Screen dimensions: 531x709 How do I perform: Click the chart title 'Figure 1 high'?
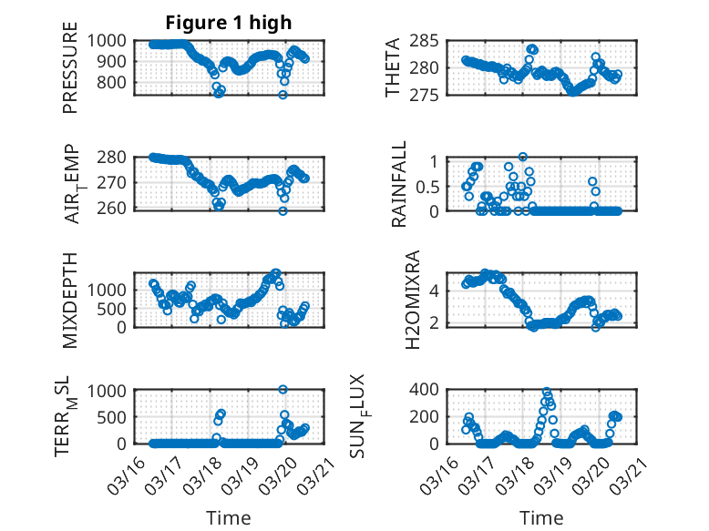pyautogui.click(x=228, y=23)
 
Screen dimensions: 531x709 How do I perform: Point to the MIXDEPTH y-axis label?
pyautogui.click(x=70, y=300)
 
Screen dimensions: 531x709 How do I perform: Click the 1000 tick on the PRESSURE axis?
pyautogui.click(x=115, y=40)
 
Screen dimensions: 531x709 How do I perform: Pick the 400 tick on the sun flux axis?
pyautogui.click(x=432, y=390)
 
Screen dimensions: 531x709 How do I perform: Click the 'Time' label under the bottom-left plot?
pyautogui.click(x=229, y=518)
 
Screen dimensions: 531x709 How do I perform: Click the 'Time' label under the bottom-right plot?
pyautogui.click(x=541, y=518)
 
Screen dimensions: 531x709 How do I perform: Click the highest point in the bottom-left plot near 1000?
pyautogui.click(x=283, y=390)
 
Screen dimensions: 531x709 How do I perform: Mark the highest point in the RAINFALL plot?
pyautogui.click(x=523, y=157)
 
